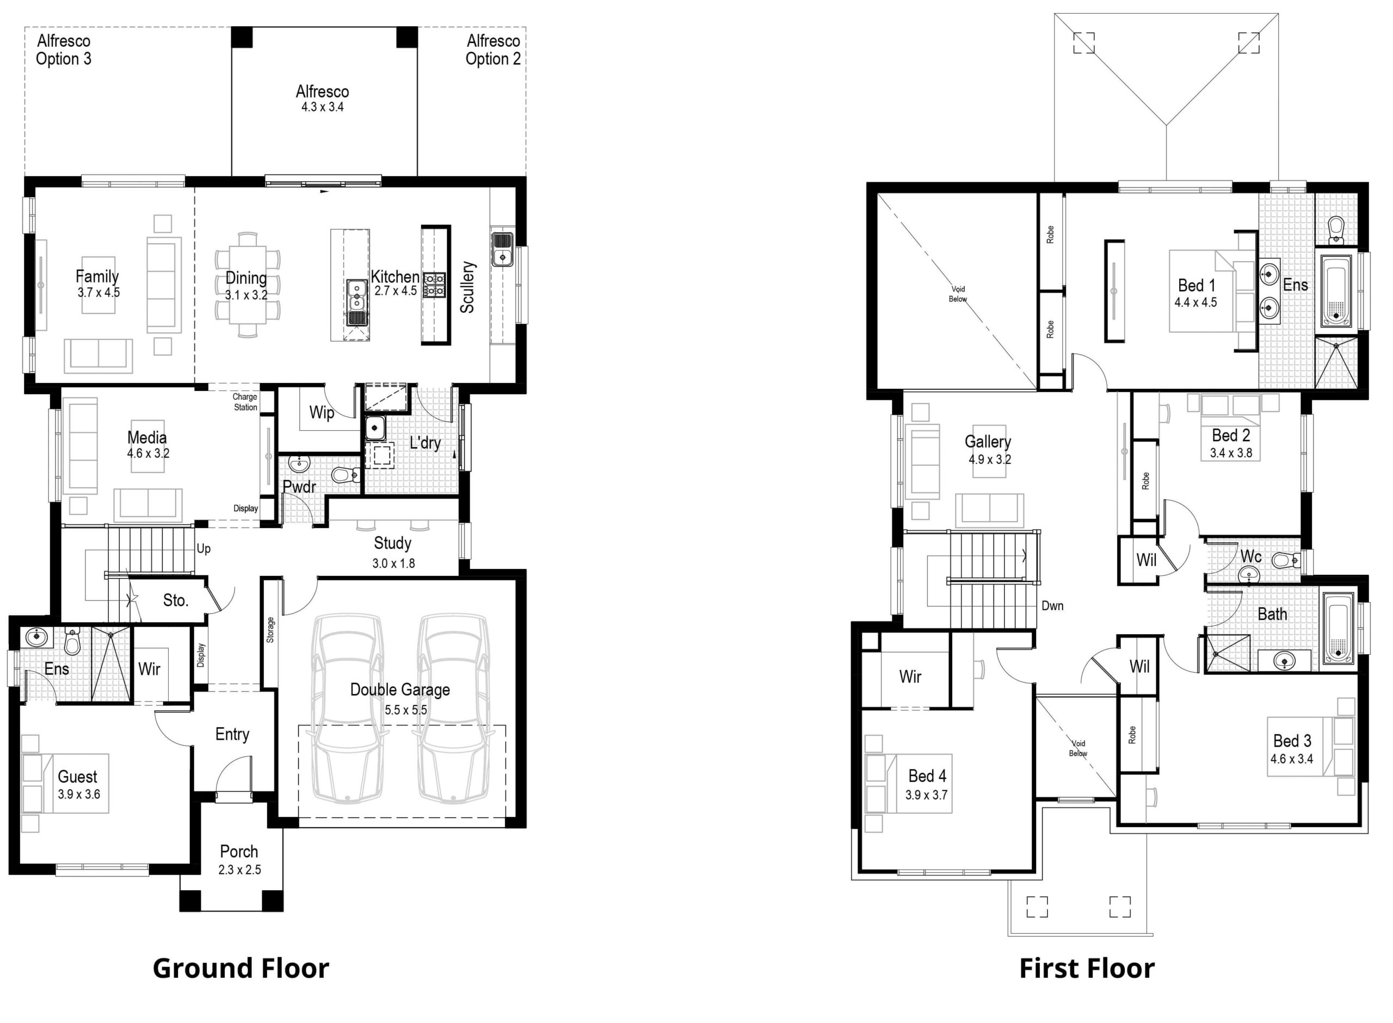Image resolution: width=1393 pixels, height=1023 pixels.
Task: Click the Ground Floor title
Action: (x=241, y=969)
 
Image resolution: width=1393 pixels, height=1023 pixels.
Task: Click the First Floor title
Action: (x=1087, y=969)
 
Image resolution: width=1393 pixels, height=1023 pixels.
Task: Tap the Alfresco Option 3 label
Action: (x=63, y=49)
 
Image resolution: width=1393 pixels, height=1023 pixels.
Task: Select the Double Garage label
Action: (x=400, y=689)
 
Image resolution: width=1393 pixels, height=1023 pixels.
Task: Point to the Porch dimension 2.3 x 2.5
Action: (x=240, y=870)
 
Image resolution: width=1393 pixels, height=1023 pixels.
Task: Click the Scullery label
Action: (x=467, y=287)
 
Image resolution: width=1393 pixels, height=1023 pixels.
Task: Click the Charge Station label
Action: (x=245, y=402)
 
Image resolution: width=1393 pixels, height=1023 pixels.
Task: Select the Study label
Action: (x=393, y=543)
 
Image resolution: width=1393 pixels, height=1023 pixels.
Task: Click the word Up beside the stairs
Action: (x=204, y=549)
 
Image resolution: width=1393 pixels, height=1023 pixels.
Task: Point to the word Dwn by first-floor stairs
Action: (x=1052, y=606)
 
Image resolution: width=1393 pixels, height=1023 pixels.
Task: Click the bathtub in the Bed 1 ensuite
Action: (x=1336, y=290)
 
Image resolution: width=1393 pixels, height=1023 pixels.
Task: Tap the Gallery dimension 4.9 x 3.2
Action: (x=990, y=460)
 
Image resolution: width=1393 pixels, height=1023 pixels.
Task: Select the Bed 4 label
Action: (x=927, y=776)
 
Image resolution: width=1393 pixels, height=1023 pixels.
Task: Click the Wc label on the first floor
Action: (x=1250, y=556)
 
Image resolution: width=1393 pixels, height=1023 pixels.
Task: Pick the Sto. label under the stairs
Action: (x=176, y=600)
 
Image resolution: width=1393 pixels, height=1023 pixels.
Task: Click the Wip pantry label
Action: (x=322, y=412)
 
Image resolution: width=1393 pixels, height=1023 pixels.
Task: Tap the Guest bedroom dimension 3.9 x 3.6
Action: (x=79, y=794)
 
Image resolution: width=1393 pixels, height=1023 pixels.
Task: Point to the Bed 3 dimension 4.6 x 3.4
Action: (x=1291, y=759)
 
